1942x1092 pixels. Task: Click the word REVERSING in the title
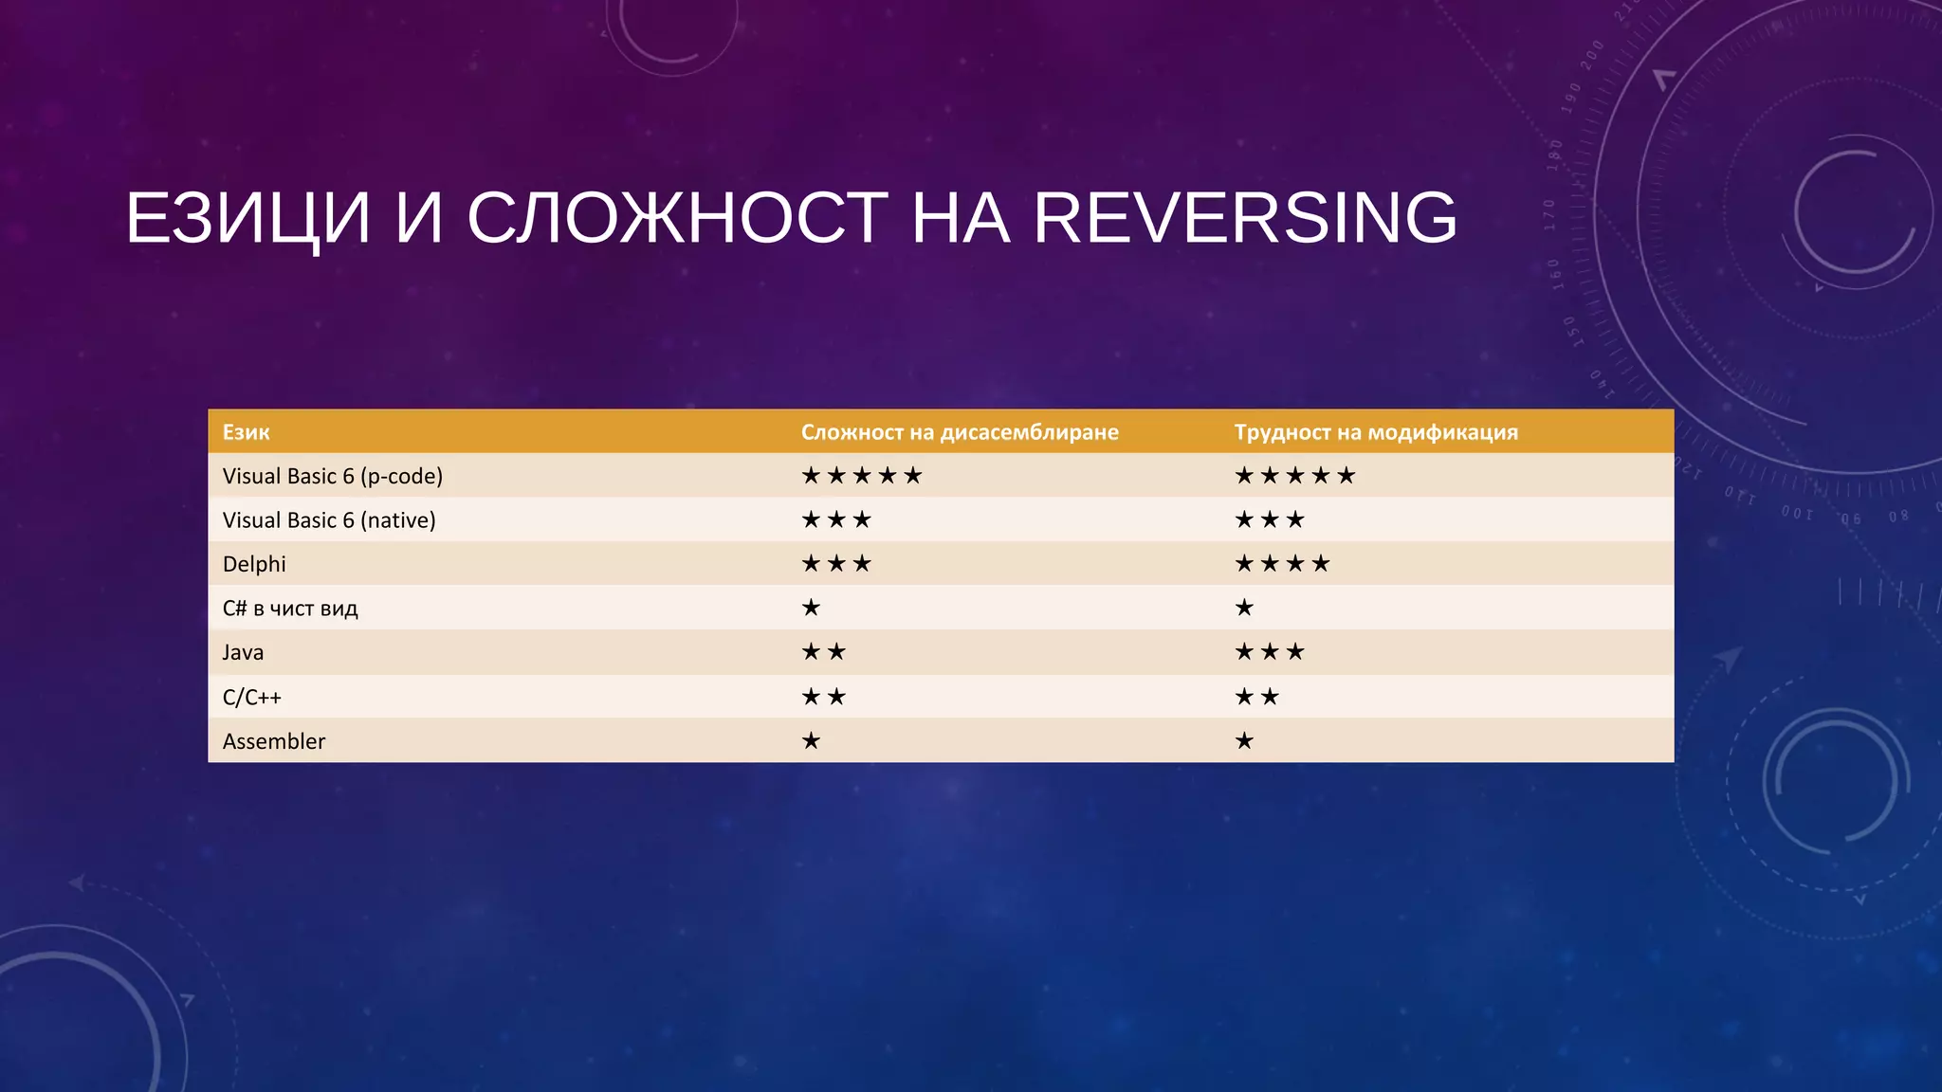coord(1244,218)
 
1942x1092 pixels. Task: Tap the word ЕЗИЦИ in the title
coord(247,218)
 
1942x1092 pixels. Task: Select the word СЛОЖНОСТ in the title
coord(677,218)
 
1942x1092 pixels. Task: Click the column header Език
coord(246,432)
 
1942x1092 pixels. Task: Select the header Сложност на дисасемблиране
coord(960,432)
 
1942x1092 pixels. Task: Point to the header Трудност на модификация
coord(1376,432)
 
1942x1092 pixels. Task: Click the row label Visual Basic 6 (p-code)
coord(332,476)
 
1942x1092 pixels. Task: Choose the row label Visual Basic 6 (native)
coord(329,520)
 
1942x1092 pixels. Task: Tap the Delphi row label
coord(254,564)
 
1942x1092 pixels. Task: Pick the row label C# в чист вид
coord(290,609)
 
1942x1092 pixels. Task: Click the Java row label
coord(243,652)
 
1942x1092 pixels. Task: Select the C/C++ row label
coord(251,698)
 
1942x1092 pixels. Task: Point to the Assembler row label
coord(273,741)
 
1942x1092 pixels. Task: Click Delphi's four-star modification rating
coord(1282,564)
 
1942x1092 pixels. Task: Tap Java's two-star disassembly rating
coord(823,652)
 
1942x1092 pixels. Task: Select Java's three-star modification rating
coord(1270,652)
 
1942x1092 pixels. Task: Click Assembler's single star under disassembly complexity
coord(811,741)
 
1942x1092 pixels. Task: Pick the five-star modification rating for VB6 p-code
coord(1295,476)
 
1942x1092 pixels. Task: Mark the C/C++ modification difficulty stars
coord(1257,698)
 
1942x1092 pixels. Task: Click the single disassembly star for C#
coord(811,608)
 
